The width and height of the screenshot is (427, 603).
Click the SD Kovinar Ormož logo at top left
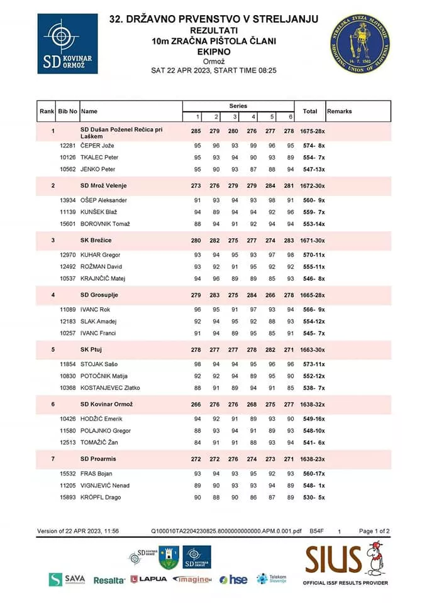coord(67,44)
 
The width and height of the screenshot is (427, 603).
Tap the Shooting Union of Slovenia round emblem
coord(360,45)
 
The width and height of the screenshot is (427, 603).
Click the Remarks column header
coord(340,111)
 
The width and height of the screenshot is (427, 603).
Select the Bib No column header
coord(67,111)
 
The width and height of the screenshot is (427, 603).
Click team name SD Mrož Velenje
coord(104,185)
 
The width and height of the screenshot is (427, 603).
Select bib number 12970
coord(67,255)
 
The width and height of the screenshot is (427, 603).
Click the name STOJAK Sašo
coord(99,364)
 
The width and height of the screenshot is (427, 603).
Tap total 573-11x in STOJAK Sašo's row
coord(310,364)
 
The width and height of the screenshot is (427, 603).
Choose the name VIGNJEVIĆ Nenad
coord(105,486)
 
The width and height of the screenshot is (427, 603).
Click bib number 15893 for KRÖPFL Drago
coord(67,497)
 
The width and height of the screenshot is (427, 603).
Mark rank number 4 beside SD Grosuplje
coord(53,295)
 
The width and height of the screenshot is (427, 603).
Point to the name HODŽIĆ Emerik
coord(101,418)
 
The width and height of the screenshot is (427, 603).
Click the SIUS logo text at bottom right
coord(333,559)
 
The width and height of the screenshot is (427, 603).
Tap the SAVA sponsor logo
coord(68,579)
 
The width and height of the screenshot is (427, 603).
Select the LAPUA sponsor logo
coord(149,579)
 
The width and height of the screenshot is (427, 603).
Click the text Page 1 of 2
coord(374,531)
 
